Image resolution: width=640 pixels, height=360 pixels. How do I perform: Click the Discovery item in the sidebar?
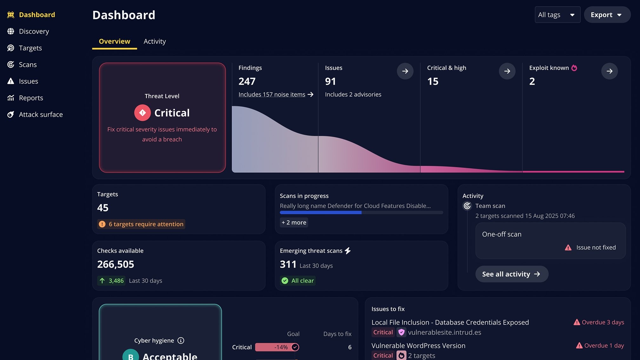[34, 31]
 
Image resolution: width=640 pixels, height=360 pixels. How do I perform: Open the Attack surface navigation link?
[41, 115]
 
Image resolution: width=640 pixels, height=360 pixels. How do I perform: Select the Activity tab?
[155, 42]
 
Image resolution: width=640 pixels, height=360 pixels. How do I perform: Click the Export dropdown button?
[607, 15]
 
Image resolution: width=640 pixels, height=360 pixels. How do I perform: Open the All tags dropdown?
[557, 15]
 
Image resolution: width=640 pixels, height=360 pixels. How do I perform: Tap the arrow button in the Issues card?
[405, 71]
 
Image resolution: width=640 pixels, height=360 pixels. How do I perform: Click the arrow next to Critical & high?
[507, 71]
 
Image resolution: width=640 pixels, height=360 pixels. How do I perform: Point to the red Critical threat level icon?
[143, 113]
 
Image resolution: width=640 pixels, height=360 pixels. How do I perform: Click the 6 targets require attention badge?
[141, 224]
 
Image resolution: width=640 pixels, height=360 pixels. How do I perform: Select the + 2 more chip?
[294, 223]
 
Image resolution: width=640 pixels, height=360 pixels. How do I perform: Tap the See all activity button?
[511, 274]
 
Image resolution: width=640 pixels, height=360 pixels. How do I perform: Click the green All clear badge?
[298, 281]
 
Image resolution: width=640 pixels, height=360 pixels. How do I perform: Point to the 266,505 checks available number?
[116, 264]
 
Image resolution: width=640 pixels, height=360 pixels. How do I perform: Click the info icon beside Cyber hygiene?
[181, 341]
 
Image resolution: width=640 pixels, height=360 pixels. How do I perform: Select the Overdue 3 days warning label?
[599, 323]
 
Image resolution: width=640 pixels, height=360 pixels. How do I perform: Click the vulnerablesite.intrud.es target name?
[444, 332]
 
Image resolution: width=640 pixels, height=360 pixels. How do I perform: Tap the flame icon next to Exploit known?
[574, 68]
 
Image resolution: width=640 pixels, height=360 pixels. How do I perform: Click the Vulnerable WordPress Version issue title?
[418, 346]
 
